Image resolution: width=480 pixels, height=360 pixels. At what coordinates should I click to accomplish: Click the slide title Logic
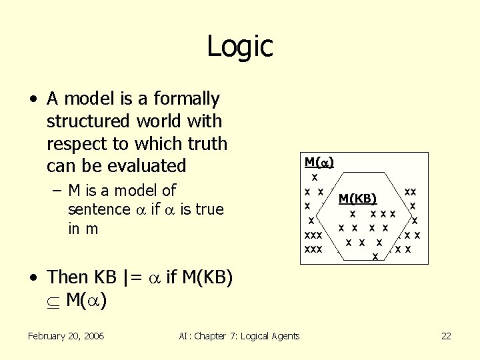(239, 46)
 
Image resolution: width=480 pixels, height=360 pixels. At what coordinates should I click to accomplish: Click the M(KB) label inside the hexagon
(358, 198)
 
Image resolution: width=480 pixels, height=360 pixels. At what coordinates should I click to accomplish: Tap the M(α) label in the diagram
(319, 162)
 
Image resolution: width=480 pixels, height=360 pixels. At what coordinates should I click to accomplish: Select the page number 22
(446, 336)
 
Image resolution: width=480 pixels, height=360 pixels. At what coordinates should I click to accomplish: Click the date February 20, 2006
(66, 336)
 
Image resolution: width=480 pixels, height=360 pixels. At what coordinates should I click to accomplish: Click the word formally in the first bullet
(186, 99)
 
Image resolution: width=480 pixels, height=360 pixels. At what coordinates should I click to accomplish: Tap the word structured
(89, 121)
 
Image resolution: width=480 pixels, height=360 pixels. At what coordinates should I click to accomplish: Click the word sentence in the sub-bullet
(98, 209)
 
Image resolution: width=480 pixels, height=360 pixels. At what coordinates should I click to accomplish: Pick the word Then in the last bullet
(67, 277)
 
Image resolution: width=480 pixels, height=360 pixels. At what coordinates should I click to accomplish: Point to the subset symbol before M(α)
(53, 301)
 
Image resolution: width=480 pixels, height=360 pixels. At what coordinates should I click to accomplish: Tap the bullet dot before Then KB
(33, 277)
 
